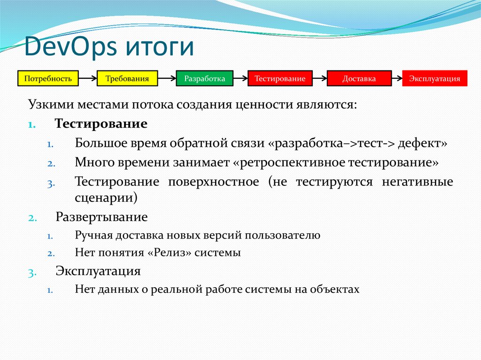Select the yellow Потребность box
click(48, 78)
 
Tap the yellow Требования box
click(127, 78)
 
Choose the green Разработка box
click(204, 78)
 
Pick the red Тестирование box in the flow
click(280, 78)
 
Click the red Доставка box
click(359, 78)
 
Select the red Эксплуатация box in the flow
click(434, 78)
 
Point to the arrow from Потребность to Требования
click(87, 78)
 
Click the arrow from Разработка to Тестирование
click(240, 78)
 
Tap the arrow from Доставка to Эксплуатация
click(396, 78)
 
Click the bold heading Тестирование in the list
click(101, 124)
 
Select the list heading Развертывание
click(101, 217)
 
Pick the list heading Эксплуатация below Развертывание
click(98, 271)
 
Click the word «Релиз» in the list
click(167, 253)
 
